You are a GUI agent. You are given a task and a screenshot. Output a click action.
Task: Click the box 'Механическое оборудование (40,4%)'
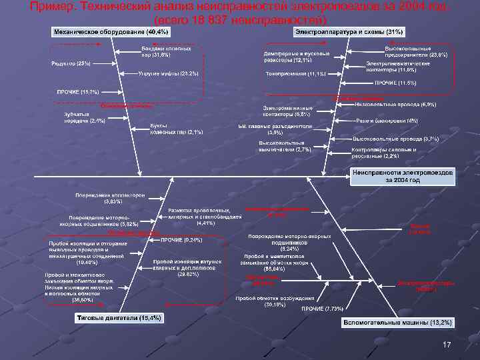(111, 32)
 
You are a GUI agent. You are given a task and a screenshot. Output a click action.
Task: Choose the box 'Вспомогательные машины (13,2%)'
(398, 323)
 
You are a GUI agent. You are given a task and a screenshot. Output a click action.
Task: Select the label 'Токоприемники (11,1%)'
(296, 73)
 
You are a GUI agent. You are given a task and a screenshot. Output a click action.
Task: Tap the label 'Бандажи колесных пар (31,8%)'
(166, 52)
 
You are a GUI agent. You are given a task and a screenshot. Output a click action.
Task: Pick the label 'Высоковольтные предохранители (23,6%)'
(408, 51)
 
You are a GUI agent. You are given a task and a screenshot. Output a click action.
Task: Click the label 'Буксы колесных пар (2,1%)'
(177, 128)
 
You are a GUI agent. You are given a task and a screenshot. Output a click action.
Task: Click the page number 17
(447, 345)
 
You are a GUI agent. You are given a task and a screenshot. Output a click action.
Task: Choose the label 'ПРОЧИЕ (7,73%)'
(323, 309)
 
